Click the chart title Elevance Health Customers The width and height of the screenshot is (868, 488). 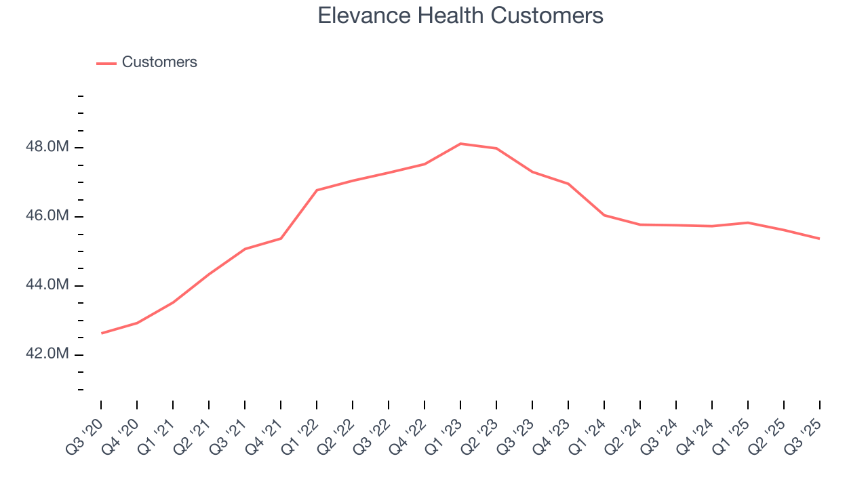click(460, 15)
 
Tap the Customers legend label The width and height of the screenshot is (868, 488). click(159, 62)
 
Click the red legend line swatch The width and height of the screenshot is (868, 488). click(106, 63)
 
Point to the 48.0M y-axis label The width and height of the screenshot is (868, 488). click(47, 148)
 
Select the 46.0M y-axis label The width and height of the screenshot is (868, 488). click(47, 217)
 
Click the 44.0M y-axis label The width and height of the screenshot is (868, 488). click(47, 285)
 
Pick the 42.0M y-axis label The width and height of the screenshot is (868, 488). click(47, 354)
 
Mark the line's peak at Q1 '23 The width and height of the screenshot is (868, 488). click(460, 144)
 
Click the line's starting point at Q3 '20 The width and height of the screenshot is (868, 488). click(102, 333)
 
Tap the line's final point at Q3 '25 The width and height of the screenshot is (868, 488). click(819, 239)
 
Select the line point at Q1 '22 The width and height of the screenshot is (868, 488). click(317, 190)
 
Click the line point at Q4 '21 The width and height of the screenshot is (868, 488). click(281, 238)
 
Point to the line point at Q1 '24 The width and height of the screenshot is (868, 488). click(604, 215)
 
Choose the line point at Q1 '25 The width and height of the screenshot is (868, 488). click(747, 222)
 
